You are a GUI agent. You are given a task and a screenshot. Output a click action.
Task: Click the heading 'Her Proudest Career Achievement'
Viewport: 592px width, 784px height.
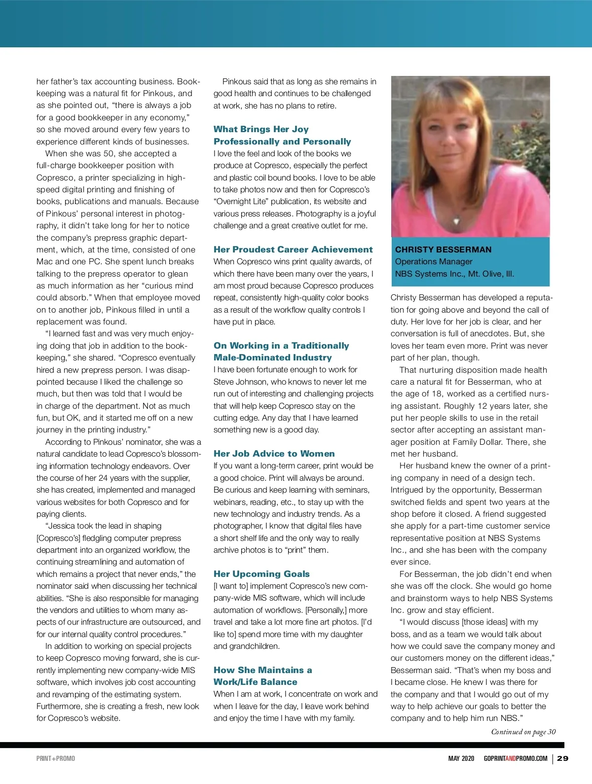[293, 249]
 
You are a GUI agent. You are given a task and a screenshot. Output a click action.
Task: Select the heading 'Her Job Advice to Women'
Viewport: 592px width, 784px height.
[274, 454]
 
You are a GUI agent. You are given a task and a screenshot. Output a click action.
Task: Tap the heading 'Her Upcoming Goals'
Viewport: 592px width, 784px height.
[261, 574]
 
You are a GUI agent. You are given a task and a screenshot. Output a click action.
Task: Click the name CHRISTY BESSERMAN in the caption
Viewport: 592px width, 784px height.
[443, 249]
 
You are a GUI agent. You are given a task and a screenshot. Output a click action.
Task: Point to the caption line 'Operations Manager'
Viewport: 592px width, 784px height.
[434, 261]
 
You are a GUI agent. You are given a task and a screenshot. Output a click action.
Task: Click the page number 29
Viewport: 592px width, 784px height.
[562, 758]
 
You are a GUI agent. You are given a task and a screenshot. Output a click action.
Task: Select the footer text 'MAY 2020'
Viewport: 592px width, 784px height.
[461, 758]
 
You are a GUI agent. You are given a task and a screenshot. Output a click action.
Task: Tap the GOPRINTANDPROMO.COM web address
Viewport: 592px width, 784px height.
[516, 758]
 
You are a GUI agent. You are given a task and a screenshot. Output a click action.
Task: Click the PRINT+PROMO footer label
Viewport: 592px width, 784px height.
[56, 758]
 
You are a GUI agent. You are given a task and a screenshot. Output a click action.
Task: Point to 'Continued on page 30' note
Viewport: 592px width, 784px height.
[523, 732]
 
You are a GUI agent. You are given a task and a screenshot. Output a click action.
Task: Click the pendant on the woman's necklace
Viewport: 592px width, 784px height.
[456, 221]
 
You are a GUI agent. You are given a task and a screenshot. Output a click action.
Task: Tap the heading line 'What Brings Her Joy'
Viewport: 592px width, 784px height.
[261, 129]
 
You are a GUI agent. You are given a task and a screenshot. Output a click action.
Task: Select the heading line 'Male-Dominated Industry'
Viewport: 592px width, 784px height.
[272, 357]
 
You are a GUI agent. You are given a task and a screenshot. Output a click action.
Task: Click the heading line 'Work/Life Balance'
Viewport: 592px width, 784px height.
[255, 682]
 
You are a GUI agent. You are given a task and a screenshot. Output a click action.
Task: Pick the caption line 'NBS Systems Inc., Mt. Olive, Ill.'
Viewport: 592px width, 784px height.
[454, 274]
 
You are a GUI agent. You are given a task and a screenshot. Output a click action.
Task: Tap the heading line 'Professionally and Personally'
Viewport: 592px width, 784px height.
[282, 142]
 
